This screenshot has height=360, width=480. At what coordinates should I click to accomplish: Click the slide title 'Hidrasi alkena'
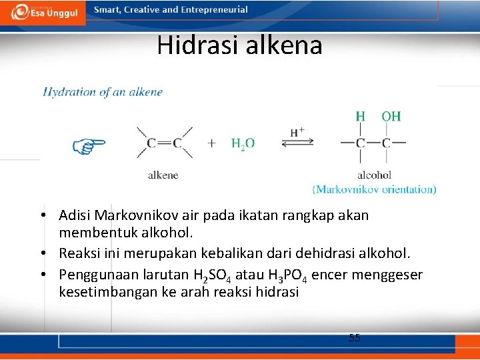[239, 45]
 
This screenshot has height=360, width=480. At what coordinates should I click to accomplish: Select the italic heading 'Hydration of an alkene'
[103, 92]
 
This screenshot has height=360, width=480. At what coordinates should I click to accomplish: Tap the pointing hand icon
[89, 144]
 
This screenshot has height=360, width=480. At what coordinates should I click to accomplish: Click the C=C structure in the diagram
[165, 143]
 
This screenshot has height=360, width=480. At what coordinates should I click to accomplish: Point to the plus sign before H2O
[212, 143]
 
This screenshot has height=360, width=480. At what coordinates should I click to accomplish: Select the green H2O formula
[243, 143]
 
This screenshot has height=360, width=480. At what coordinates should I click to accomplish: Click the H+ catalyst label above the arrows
[297, 131]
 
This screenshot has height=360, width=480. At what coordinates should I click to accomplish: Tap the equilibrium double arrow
[297, 143]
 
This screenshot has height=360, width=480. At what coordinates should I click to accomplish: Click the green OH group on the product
[391, 117]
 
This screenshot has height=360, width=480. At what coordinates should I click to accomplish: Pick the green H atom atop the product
[360, 117]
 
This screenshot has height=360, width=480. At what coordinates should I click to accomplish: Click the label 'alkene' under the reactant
[163, 175]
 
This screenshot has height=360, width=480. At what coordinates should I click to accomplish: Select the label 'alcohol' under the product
[374, 175]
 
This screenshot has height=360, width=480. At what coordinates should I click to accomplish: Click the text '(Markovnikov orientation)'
[374, 189]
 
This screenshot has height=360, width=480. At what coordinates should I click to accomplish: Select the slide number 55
[355, 338]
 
